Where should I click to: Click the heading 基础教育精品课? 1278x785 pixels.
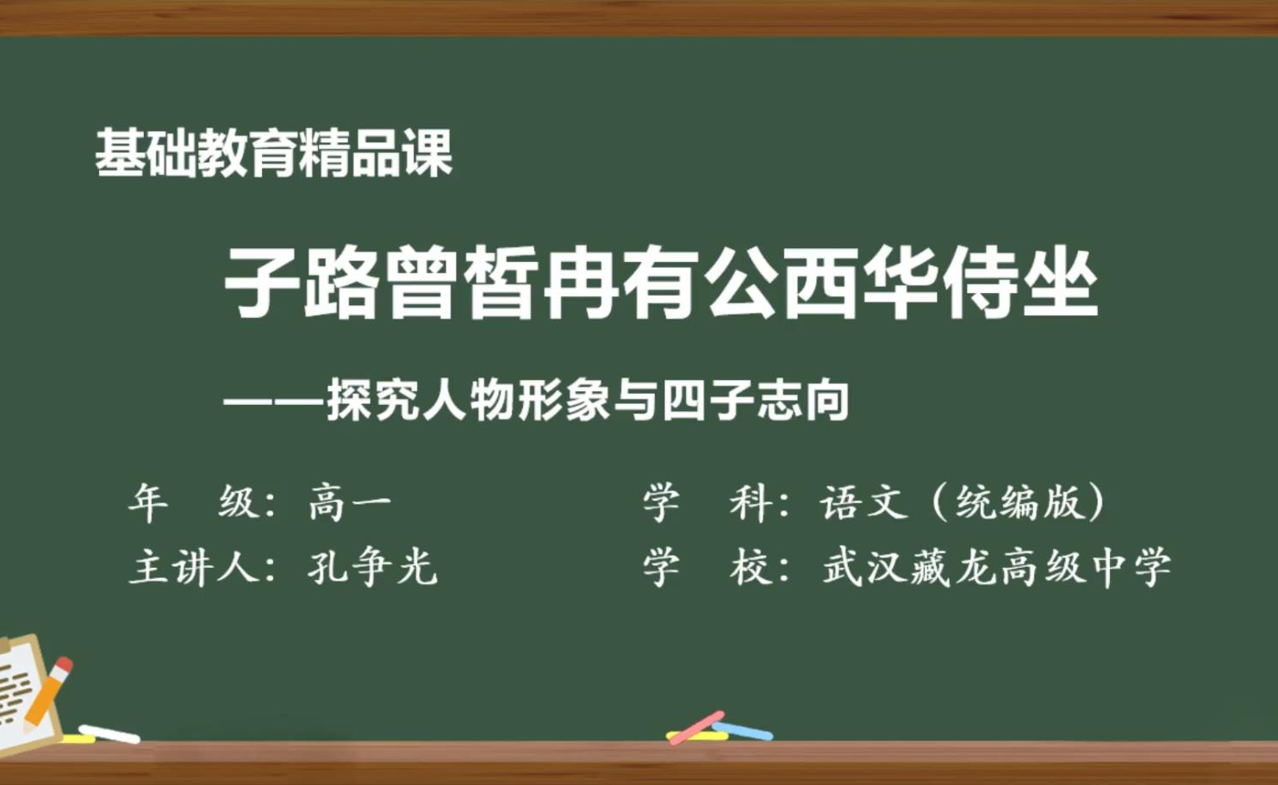click(274, 153)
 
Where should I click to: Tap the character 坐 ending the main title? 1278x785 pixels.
click(1061, 283)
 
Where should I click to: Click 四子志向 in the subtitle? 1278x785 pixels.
click(755, 401)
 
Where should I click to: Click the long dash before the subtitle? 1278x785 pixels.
click(275, 402)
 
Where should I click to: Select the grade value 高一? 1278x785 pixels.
click(350, 503)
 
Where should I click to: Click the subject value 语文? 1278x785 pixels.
click(863, 503)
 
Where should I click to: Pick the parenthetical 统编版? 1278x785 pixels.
click(1019, 503)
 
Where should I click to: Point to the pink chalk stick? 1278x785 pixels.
click(696, 727)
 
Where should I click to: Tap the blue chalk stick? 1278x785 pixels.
click(743, 731)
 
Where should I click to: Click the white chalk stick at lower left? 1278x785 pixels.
click(109, 734)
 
